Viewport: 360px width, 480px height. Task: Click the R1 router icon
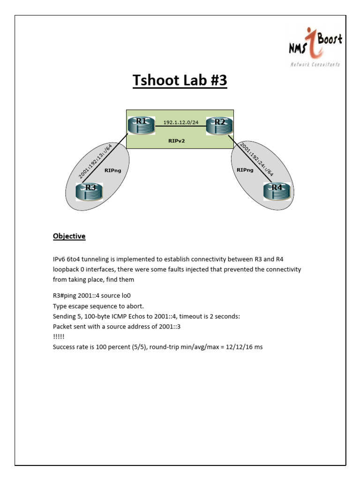(141, 125)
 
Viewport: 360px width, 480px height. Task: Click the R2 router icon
(219, 125)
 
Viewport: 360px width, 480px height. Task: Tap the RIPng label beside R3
(113, 171)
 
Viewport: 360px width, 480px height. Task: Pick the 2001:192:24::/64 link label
(257, 159)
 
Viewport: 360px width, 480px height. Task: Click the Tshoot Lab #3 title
(180, 81)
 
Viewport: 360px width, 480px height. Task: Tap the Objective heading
(69, 236)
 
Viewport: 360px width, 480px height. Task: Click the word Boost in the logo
(330, 39)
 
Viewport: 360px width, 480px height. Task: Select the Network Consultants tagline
(315, 64)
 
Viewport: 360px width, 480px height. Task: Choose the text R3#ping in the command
(66, 295)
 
